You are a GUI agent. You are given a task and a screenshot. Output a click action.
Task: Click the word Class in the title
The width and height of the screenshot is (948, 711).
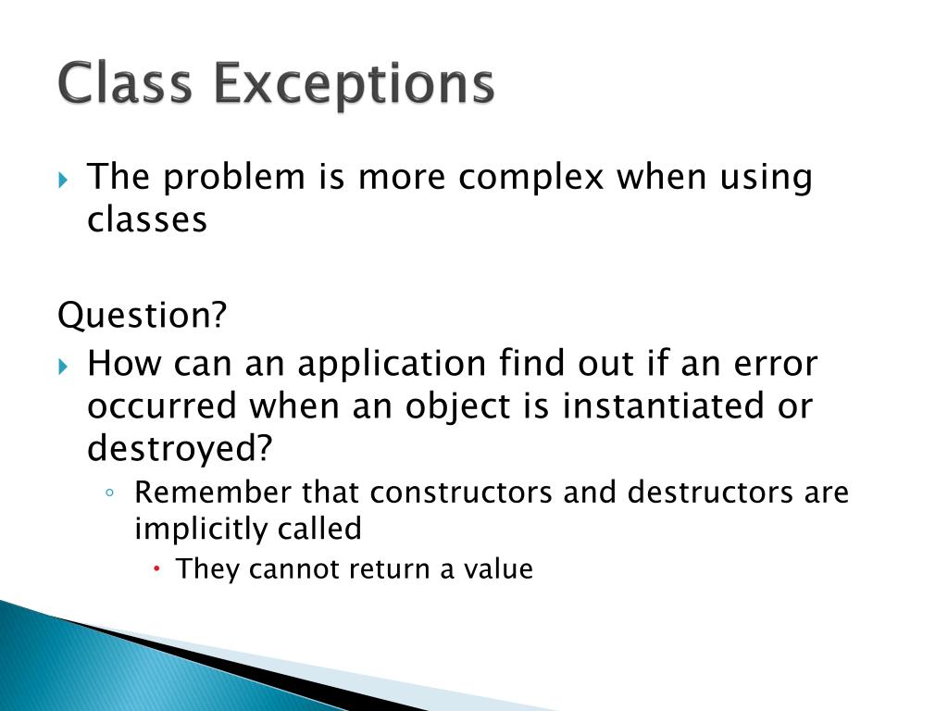[x=126, y=83]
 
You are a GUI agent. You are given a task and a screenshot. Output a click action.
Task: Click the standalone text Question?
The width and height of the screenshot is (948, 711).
[x=142, y=317]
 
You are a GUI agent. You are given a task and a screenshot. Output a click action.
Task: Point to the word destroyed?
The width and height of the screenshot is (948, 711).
[x=181, y=450]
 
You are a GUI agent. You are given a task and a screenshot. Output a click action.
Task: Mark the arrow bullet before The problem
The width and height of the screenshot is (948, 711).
[x=63, y=179]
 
